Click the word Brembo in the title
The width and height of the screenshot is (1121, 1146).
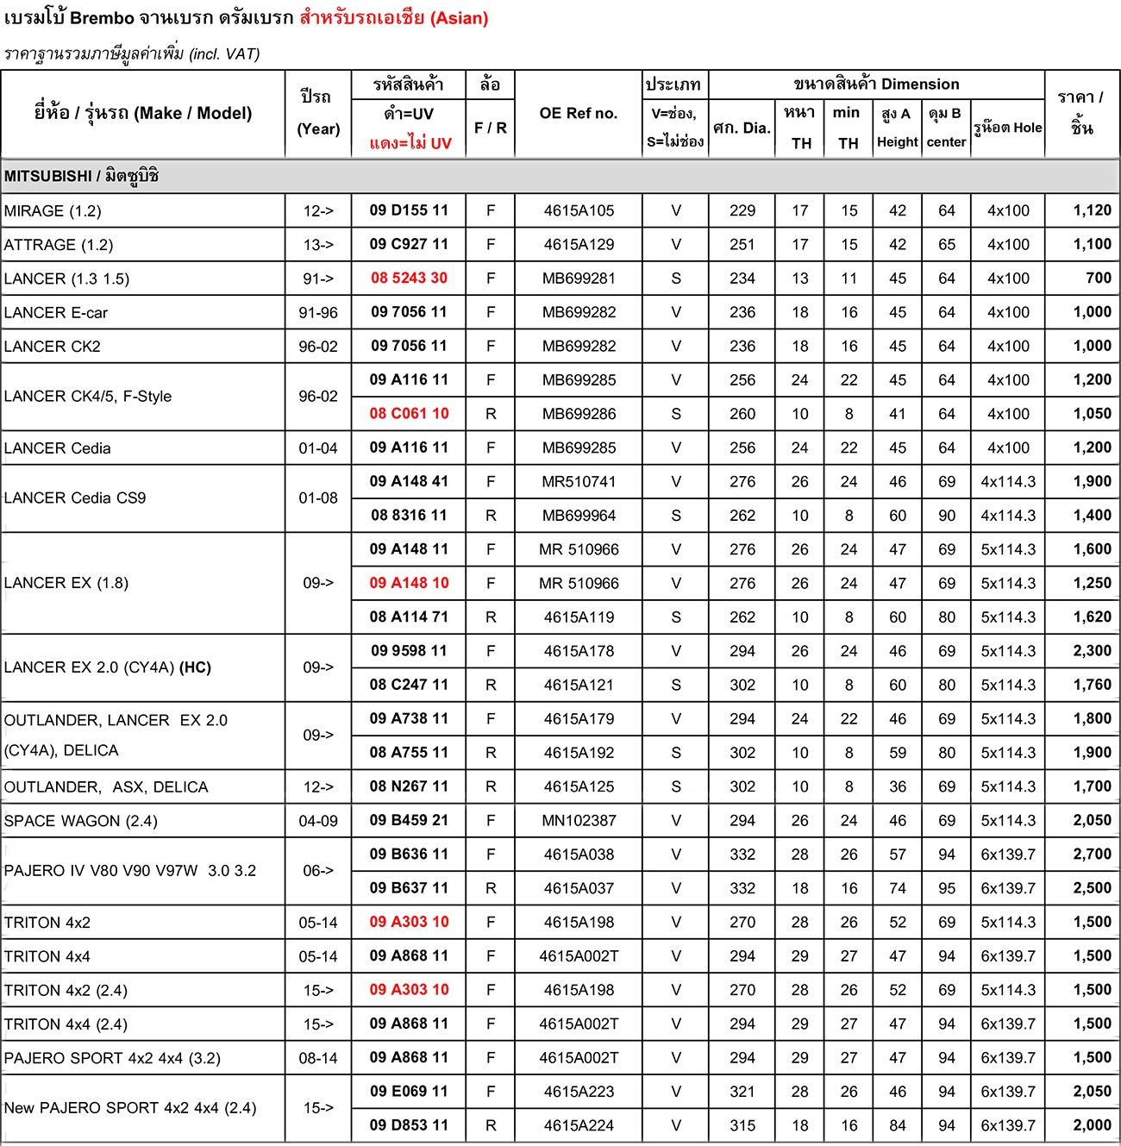pyautogui.click(x=102, y=18)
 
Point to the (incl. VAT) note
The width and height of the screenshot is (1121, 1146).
pyautogui.click(x=224, y=53)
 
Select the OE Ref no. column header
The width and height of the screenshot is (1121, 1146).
pyautogui.click(x=578, y=113)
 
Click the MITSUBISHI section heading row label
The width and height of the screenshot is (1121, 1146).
pyautogui.click(x=81, y=176)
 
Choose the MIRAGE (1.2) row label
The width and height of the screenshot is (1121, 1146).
pyautogui.click(x=52, y=211)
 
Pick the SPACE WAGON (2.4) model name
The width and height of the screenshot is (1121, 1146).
pyautogui.click(x=80, y=821)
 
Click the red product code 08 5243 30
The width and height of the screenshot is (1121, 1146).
pyautogui.click(x=409, y=279)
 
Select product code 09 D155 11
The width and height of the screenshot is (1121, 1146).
pyautogui.click(x=409, y=210)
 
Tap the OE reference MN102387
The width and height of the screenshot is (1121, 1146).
pyautogui.click(x=579, y=821)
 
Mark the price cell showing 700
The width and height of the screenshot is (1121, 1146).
pyautogui.click(x=1098, y=279)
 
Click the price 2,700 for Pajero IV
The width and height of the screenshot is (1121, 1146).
pyautogui.click(x=1092, y=855)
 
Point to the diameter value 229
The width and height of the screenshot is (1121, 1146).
pyautogui.click(x=742, y=210)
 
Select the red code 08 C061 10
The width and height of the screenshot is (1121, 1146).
pyautogui.click(x=409, y=414)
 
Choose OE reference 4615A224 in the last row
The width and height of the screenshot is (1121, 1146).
pyautogui.click(x=579, y=1125)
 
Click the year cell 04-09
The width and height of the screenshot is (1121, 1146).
pyautogui.click(x=318, y=821)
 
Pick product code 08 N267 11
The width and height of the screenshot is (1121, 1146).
pyautogui.click(x=409, y=786)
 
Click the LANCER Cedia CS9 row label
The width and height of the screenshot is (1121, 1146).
pyautogui.click(x=75, y=498)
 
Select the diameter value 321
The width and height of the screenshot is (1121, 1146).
pyautogui.click(x=742, y=1092)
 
